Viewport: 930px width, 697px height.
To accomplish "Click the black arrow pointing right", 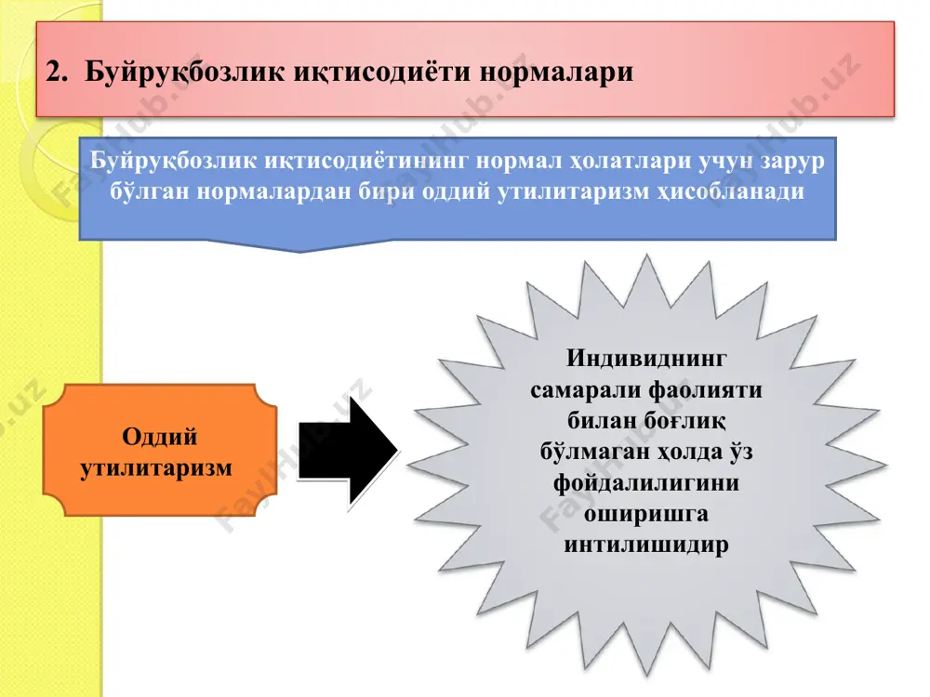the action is [x=348, y=453].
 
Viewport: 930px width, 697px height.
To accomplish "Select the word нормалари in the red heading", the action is [x=556, y=72].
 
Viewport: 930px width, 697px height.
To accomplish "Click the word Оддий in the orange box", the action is [x=160, y=438].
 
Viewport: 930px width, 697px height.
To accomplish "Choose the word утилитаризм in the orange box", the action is [x=156, y=468].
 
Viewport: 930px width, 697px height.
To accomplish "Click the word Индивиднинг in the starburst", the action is [x=646, y=359].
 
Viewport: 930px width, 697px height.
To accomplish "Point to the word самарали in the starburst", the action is [x=585, y=390].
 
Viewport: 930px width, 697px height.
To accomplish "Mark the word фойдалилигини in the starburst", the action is [x=646, y=483].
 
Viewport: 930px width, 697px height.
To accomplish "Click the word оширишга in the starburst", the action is [x=646, y=514].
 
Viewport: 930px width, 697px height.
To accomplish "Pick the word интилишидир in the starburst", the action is [x=646, y=545].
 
